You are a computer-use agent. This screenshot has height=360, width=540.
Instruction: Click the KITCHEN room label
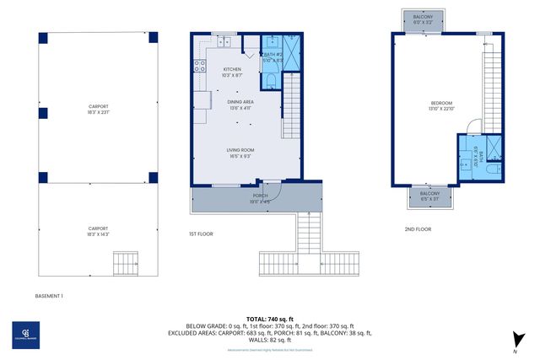[x=232, y=72]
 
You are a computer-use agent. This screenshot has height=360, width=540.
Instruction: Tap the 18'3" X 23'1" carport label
[x=99, y=109]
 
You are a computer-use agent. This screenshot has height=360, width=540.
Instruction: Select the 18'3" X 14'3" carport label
[x=99, y=231]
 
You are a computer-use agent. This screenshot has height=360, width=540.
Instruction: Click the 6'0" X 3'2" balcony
[x=424, y=19]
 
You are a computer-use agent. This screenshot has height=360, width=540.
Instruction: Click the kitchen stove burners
[x=199, y=67]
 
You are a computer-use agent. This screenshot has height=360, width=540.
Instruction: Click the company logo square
[x=26, y=335]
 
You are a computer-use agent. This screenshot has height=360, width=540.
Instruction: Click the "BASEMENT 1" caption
[x=49, y=296]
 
